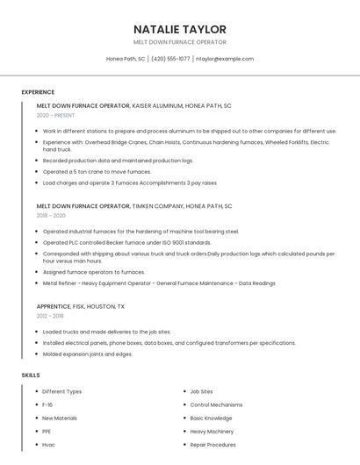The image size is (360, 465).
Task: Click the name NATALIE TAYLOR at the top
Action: (x=179, y=29)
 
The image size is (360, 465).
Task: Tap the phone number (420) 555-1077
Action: (x=170, y=59)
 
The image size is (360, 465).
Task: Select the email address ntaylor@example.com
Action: (x=225, y=59)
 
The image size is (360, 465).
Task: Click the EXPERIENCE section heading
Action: (x=38, y=92)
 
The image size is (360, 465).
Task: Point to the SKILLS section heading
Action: (x=31, y=375)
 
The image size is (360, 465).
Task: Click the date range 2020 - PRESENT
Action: (x=55, y=115)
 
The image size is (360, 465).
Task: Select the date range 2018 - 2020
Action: (x=51, y=215)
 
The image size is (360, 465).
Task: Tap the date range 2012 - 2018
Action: (x=50, y=316)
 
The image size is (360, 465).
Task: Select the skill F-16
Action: (x=47, y=404)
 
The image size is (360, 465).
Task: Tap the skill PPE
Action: (x=47, y=432)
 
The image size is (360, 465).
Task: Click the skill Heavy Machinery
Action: (x=212, y=432)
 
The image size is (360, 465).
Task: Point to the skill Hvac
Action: (x=48, y=445)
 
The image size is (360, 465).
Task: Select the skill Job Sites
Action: (x=201, y=391)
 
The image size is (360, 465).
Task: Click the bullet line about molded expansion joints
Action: (x=88, y=354)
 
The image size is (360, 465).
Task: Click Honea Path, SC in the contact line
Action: (x=126, y=59)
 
